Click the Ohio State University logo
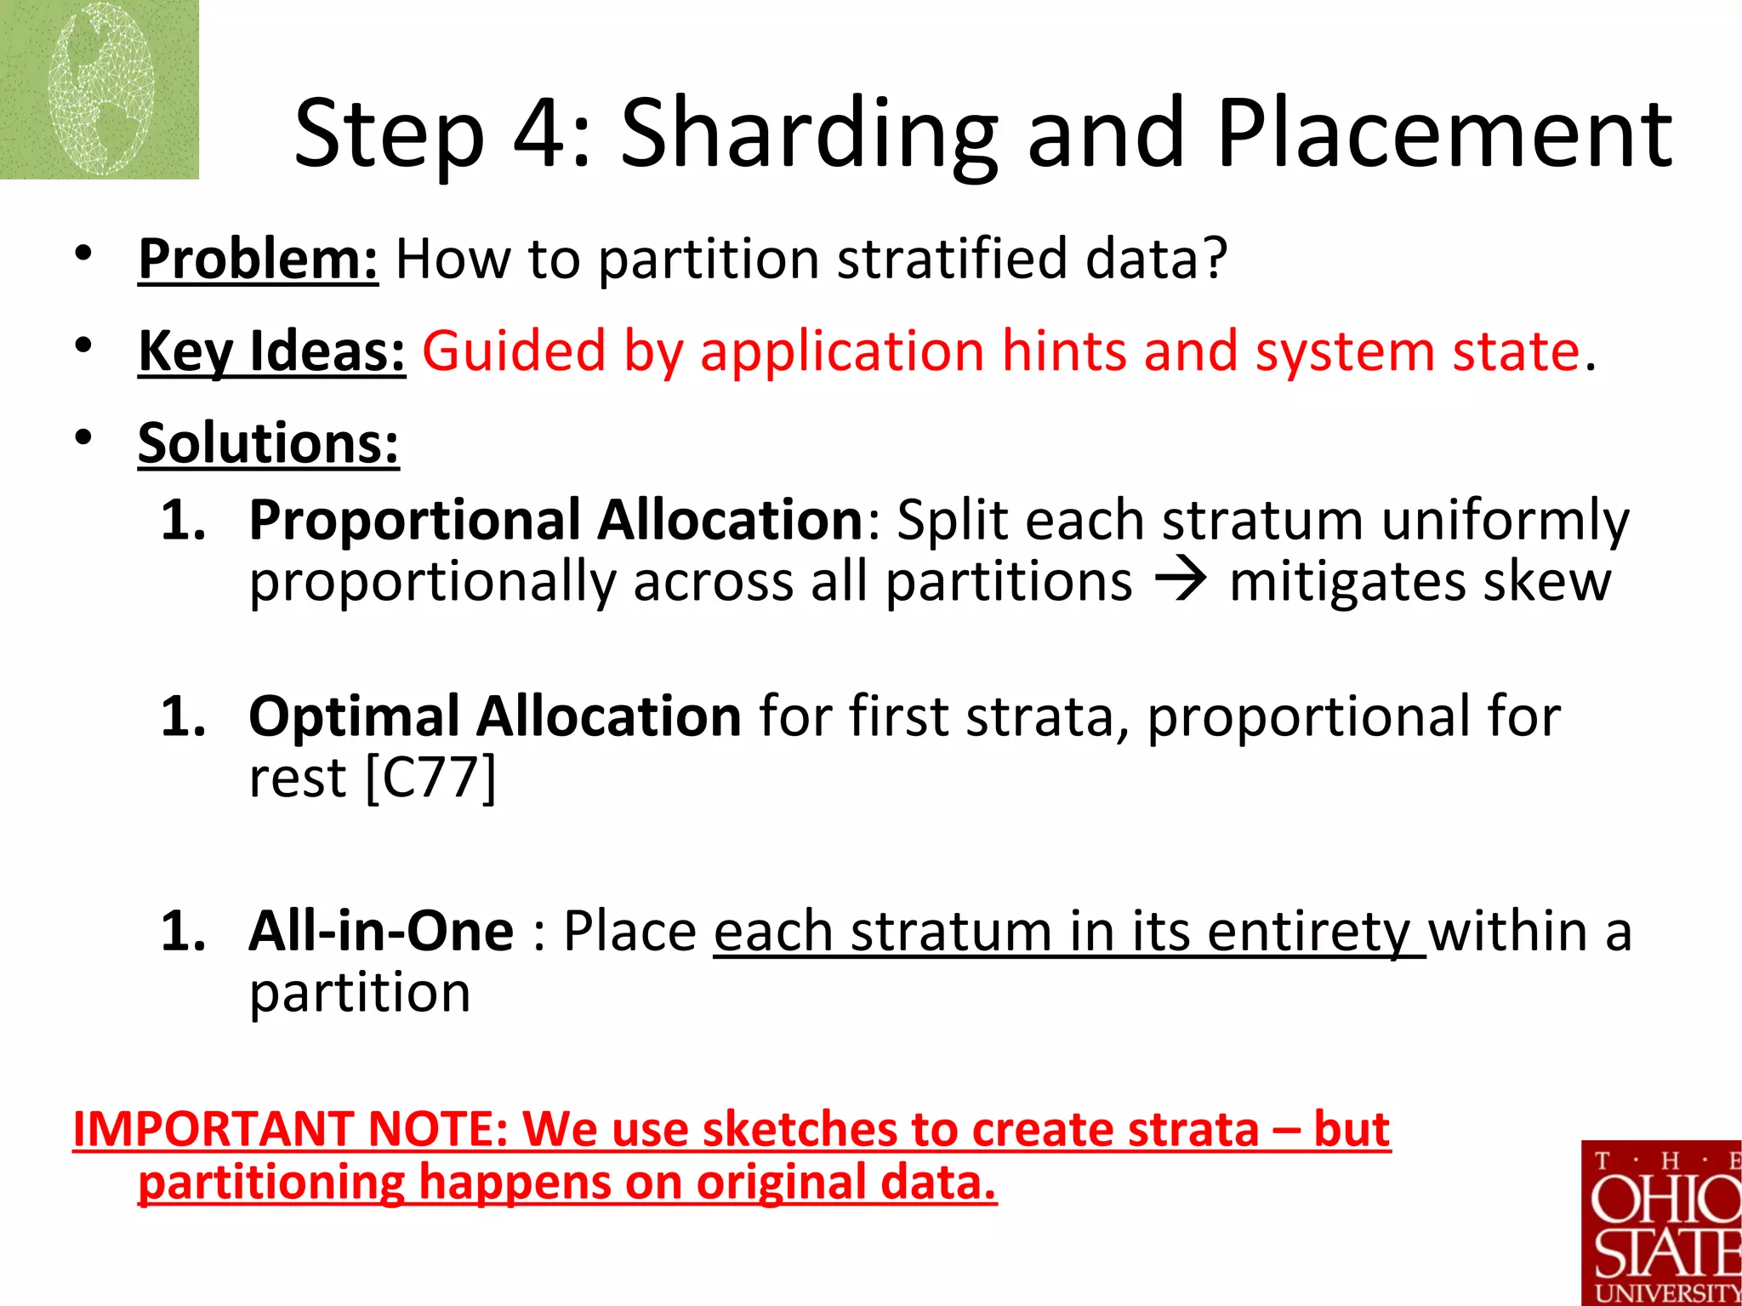point(1661,1223)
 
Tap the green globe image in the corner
point(99,89)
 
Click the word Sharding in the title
point(808,134)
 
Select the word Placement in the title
point(1444,134)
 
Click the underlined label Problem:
point(258,259)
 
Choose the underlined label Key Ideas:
point(271,351)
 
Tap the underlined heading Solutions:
point(268,443)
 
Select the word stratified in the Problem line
point(951,259)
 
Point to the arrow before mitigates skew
point(1180,582)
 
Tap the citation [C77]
point(430,778)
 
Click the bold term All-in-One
point(381,931)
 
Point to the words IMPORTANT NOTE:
point(290,1130)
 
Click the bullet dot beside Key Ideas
point(83,345)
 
